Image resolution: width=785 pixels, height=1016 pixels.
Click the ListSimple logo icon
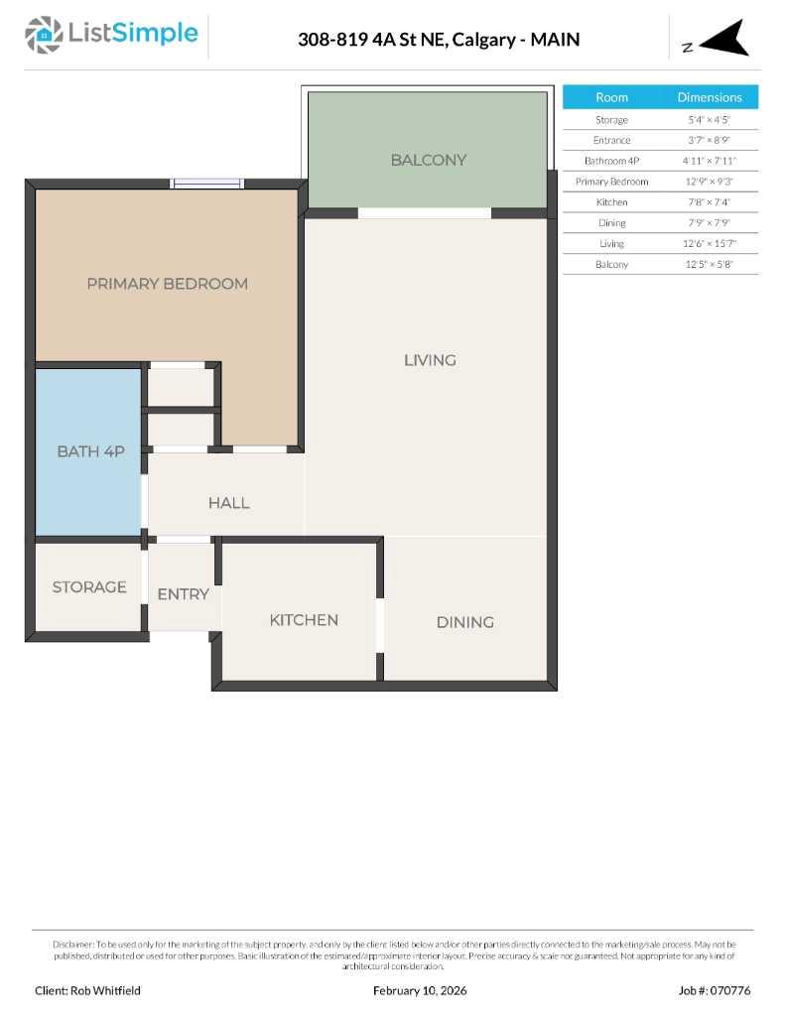(x=44, y=35)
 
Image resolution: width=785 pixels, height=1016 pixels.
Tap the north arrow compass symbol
(x=725, y=40)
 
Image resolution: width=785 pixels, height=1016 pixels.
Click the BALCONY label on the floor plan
(x=428, y=160)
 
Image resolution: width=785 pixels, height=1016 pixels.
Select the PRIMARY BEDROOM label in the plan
(x=167, y=284)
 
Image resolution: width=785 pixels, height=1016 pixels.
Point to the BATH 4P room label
(x=90, y=451)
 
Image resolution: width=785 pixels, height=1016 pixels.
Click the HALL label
(x=228, y=503)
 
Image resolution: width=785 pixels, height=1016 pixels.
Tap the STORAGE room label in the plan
(x=89, y=587)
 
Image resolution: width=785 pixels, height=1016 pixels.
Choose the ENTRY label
(x=184, y=594)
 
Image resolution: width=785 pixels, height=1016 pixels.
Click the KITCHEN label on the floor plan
(x=304, y=620)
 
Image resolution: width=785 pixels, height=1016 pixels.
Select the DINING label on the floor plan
(x=464, y=622)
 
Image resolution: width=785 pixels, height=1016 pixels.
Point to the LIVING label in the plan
(x=430, y=360)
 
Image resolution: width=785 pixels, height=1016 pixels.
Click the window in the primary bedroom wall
(x=206, y=184)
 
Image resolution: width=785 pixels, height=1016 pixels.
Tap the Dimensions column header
(x=709, y=97)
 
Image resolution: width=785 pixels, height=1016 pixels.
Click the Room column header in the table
(x=611, y=97)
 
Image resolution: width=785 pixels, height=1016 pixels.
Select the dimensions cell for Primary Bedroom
(x=709, y=182)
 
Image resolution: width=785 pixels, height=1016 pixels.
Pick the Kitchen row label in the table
(x=611, y=202)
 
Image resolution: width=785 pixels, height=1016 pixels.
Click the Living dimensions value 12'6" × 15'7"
(x=709, y=244)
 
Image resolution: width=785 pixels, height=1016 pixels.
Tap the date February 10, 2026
(x=420, y=990)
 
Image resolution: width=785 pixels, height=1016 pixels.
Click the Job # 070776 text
(x=715, y=990)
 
